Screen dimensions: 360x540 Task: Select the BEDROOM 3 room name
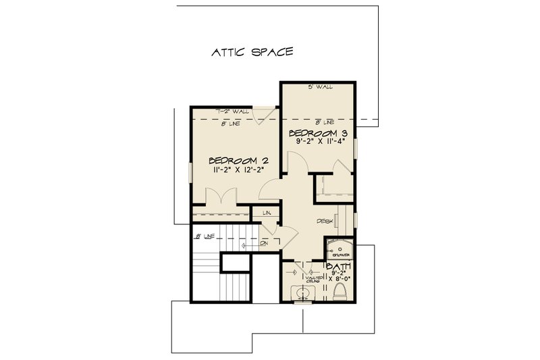point(318,132)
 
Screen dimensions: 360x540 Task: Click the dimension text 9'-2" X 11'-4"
point(318,142)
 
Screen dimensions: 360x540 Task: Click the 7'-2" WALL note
point(233,109)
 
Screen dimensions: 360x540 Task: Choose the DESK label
point(326,221)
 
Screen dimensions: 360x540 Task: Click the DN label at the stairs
point(264,242)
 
